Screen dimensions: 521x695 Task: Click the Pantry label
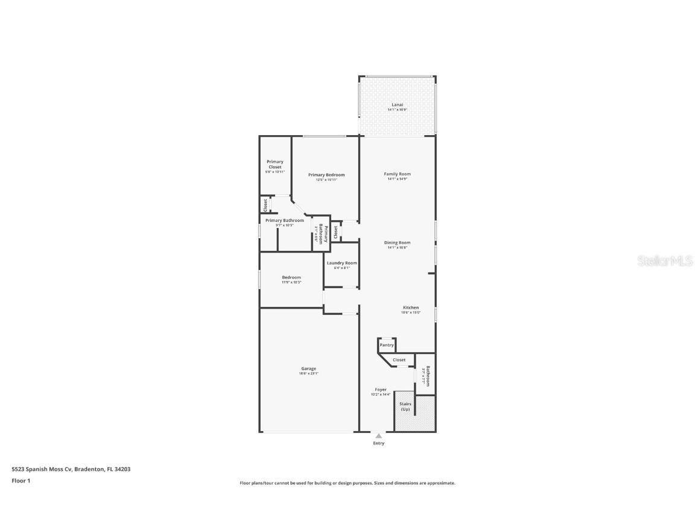[386, 345]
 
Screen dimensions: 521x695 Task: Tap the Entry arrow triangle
[378, 435]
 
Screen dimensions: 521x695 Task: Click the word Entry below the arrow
[378, 443]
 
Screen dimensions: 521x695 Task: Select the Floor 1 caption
[21, 481]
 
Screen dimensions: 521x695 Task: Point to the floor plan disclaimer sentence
[347, 483]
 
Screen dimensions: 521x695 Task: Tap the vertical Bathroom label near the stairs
[427, 376]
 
